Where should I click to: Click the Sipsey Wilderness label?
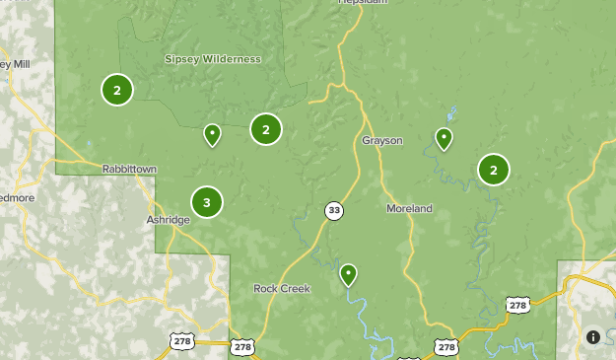(212, 59)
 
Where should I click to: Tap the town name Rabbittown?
(129, 170)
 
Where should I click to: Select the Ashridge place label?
(168, 220)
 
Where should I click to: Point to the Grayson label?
(382, 141)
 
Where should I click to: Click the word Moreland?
(409, 209)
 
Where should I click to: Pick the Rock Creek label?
(282, 289)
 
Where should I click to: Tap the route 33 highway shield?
(335, 210)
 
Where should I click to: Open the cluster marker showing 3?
(207, 203)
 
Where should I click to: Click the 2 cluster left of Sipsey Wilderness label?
(117, 91)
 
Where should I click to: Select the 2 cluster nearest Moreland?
(494, 170)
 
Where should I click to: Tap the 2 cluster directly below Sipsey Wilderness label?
(266, 129)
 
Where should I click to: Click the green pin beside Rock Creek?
(348, 274)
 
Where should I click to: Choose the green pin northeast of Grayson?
(445, 138)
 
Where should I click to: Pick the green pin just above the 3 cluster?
(212, 134)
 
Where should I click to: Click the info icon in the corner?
(593, 336)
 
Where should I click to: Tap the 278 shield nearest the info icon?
(518, 306)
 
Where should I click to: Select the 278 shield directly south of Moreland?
(446, 347)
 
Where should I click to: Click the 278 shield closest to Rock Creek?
(242, 347)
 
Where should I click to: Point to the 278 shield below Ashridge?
(180, 341)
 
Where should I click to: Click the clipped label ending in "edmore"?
(16, 197)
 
